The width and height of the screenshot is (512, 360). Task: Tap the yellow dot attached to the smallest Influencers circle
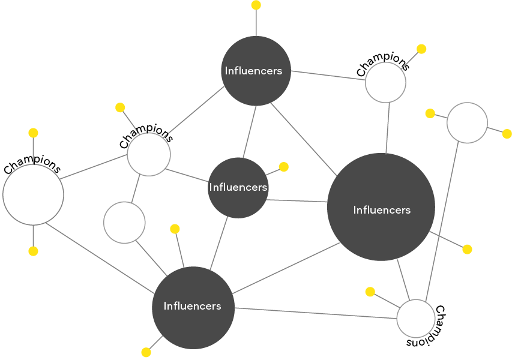(284, 167)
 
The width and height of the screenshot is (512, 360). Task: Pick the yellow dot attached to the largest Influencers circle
(468, 249)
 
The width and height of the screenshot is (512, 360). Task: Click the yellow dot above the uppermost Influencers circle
(256, 5)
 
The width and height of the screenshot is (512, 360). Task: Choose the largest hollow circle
(34, 194)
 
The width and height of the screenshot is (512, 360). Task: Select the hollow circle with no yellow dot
(124, 223)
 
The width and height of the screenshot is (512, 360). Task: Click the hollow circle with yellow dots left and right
(467, 123)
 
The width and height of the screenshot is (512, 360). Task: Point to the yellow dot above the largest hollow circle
(33, 133)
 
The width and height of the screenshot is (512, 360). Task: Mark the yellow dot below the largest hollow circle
(33, 251)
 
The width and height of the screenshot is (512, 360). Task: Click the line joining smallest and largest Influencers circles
(297, 200)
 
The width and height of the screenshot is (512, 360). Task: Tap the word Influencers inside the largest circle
(382, 210)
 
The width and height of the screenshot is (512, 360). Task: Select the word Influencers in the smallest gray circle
(238, 187)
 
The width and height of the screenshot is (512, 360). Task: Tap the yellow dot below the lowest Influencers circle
(146, 352)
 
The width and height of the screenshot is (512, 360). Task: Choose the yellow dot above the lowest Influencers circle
(175, 229)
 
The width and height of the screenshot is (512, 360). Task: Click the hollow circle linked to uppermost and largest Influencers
(385, 82)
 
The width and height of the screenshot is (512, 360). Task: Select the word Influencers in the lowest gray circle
(193, 306)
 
